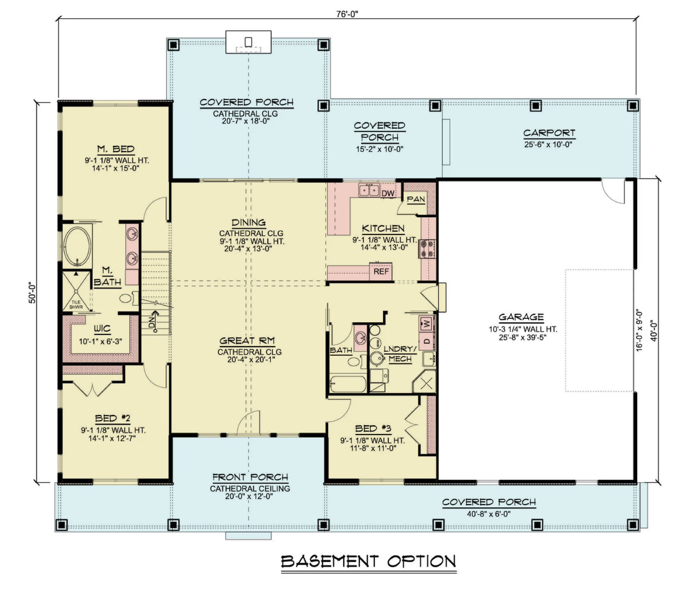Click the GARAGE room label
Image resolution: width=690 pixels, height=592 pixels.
point(521,317)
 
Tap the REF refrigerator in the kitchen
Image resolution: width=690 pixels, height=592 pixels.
point(381,271)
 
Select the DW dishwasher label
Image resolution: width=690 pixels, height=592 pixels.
point(388,193)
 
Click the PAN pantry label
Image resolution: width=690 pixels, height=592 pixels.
point(416,199)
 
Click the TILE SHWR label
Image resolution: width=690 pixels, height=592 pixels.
point(76,304)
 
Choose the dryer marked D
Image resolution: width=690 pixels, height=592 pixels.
point(427,341)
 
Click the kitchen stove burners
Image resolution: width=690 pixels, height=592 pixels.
point(427,249)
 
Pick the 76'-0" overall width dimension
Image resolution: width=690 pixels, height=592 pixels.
point(347,14)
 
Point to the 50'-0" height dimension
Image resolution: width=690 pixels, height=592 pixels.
point(32,292)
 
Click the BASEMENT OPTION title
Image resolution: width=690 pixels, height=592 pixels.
point(368,561)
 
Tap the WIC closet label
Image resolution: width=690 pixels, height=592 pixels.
point(102,329)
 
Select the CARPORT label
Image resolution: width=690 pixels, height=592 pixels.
point(549,133)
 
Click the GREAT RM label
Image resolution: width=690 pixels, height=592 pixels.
point(247,341)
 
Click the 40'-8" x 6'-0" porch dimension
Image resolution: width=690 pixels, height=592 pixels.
point(489,514)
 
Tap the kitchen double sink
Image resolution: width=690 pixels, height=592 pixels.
point(369,190)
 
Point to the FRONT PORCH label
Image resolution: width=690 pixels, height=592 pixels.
point(250,477)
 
